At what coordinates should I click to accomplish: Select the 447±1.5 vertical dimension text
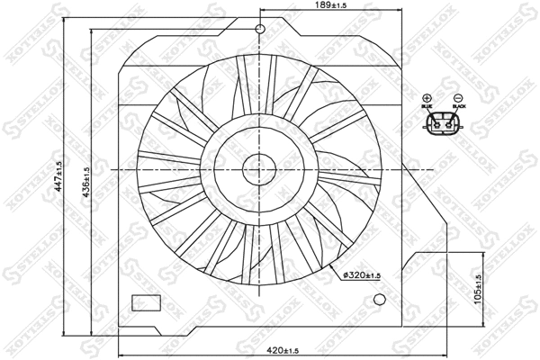[x=58, y=177]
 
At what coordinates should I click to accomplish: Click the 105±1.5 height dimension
[x=478, y=288]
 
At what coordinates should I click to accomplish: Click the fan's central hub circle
[x=260, y=168]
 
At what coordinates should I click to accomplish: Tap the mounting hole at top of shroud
[x=260, y=31]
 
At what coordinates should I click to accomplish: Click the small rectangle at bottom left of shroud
[x=145, y=302]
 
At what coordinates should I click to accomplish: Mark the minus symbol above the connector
[x=458, y=98]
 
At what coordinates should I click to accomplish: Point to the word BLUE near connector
[x=427, y=108]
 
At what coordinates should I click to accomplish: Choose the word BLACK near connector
[x=458, y=108]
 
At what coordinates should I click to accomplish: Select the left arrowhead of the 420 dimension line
[x=121, y=343]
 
